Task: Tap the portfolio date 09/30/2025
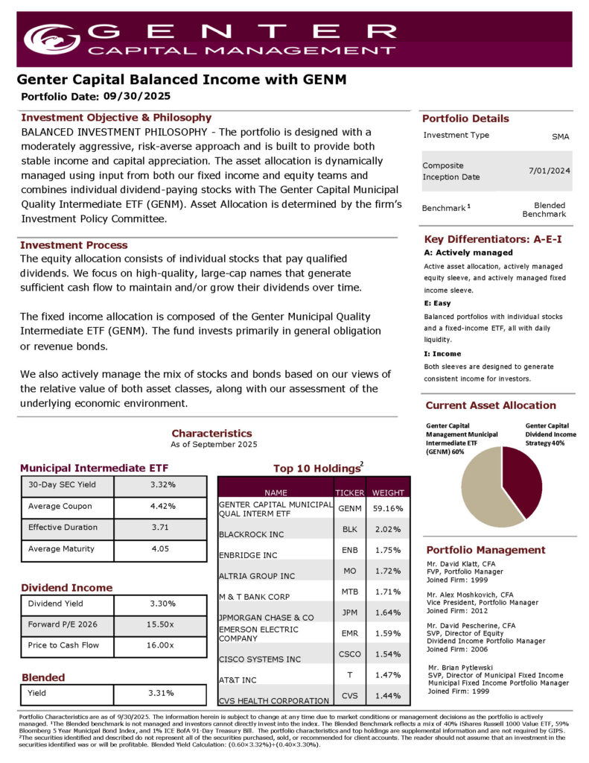[137, 95]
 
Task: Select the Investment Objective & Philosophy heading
[116, 118]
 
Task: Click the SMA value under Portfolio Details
[559, 136]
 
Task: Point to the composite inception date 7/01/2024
[550, 171]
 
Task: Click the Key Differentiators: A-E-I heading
[492, 239]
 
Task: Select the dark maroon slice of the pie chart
[523, 477]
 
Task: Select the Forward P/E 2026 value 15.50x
[161, 624]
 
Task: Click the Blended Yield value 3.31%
[161, 693]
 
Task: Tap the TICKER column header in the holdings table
[350, 492]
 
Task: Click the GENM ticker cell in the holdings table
[350, 508]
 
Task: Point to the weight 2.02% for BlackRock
[388, 529]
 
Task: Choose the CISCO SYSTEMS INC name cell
[260, 659]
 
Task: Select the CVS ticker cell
[350, 695]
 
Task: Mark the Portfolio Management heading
[485, 550]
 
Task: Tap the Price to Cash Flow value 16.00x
[161, 645]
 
